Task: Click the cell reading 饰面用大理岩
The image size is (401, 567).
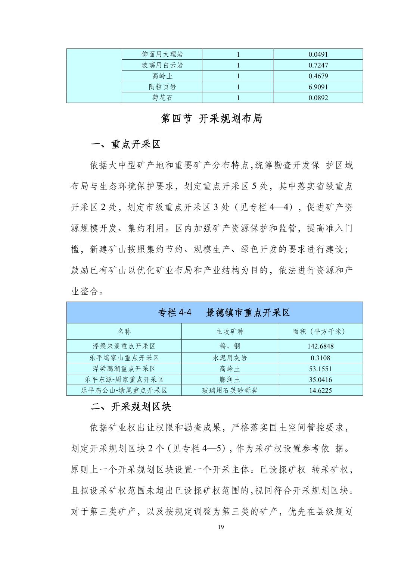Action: click(162, 54)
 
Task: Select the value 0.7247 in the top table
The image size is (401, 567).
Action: click(318, 65)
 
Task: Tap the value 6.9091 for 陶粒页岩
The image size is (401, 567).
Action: click(318, 87)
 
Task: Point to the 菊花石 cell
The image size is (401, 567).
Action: click(162, 98)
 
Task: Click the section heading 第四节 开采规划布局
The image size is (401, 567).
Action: click(211, 119)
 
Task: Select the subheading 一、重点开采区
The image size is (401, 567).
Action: click(126, 144)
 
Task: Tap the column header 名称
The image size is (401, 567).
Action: click(124, 331)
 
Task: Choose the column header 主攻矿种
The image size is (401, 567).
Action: click(230, 331)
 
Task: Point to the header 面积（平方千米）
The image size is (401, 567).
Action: click(320, 331)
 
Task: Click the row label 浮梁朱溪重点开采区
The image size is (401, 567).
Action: click(124, 346)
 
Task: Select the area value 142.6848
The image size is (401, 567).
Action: click(320, 346)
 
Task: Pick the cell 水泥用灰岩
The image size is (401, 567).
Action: click(230, 358)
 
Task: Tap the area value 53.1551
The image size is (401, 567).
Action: click(320, 369)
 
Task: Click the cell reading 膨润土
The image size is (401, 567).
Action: click(230, 380)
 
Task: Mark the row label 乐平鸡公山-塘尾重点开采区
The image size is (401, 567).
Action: click(124, 391)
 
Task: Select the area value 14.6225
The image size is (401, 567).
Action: click(320, 391)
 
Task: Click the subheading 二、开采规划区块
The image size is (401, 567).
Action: click(131, 407)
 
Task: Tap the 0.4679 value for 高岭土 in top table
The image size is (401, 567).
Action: click(318, 76)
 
